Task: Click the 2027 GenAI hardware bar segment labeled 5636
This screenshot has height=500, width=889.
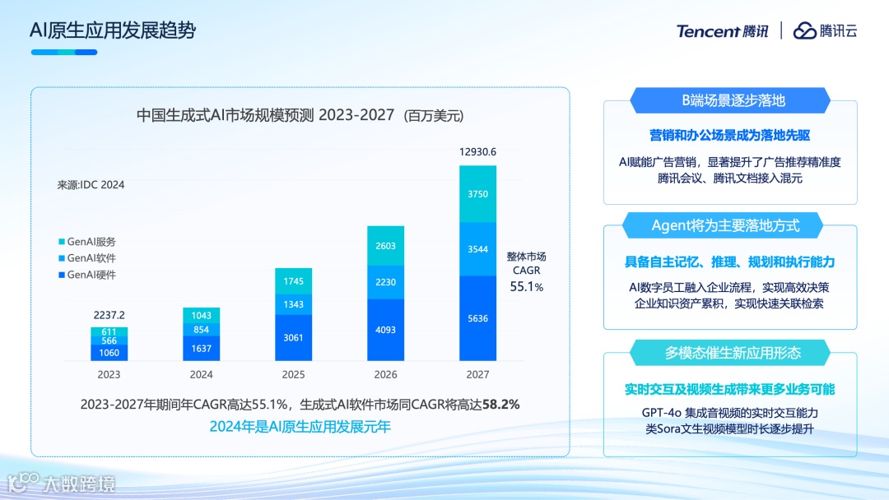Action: tap(477, 319)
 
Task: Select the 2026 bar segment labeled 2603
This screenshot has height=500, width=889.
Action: tap(385, 246)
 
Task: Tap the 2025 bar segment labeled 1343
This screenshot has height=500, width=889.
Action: tap(293, 304)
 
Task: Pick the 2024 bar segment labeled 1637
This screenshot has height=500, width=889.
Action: tap(201, 348)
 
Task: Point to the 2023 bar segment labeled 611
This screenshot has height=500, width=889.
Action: tap(109, 331)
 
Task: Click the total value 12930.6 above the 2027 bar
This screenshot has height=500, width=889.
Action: tap(477, 152)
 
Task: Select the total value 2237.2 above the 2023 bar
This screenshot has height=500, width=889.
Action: tap(109, 315)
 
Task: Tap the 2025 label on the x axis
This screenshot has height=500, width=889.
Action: tap(293, 375)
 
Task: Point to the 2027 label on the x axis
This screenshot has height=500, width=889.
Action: tap(477, 375)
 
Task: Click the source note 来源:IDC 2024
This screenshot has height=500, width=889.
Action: tap(91, 185)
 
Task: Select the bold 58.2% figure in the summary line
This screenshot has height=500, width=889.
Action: tap(500, 405)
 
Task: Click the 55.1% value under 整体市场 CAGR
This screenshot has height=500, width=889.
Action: tap(527, 287)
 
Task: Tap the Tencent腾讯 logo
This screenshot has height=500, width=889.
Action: tap(722, 31)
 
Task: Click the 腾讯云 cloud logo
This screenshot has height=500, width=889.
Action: tap(825, 31)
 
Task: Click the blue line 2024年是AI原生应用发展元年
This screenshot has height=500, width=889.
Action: tap(300, 426)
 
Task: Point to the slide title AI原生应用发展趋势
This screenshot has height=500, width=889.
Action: tap(113, 31)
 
